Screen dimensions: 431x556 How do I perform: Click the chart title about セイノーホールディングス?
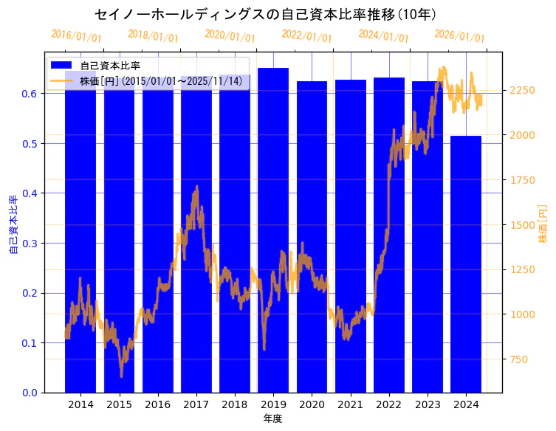pos(265,15)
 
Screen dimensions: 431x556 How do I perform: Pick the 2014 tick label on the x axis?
pos(80,404)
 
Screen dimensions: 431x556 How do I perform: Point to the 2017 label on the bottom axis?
pos(196,404)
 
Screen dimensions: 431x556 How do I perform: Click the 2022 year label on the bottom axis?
pos(388,404)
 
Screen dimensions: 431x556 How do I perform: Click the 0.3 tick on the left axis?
pos(30,243)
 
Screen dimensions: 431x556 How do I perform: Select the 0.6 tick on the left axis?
pos(30,94)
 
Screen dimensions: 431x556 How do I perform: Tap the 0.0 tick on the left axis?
pos(30,393)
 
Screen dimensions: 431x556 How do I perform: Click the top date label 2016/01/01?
pos(76,36)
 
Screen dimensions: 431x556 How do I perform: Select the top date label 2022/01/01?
pos(306,36)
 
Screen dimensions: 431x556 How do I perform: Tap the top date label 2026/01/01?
pos(459,36)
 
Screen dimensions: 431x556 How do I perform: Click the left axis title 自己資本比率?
pos(13,225)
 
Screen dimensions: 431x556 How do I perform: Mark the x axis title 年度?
pos(272,418)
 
